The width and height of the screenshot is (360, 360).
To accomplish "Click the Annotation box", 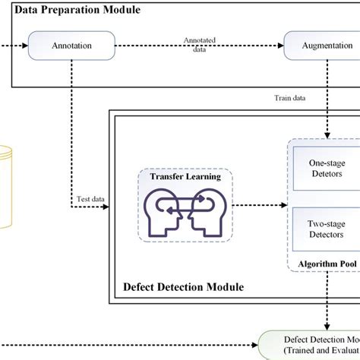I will pyautogui.click(x=72, y=46).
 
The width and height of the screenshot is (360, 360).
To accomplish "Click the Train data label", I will pyautogui.click(x=291, y=97).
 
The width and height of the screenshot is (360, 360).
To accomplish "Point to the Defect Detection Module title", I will pyautogui.click(x=183, y=286).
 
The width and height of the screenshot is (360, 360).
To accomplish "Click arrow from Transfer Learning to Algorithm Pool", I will pyautogui.click(x=258, y=205).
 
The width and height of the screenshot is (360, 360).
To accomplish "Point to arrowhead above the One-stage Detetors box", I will pyautogui.click(x=326, y=135).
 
